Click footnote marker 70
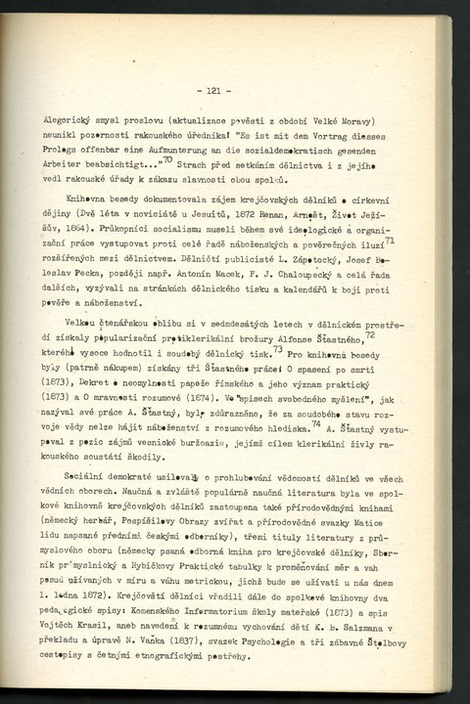point(167,154)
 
